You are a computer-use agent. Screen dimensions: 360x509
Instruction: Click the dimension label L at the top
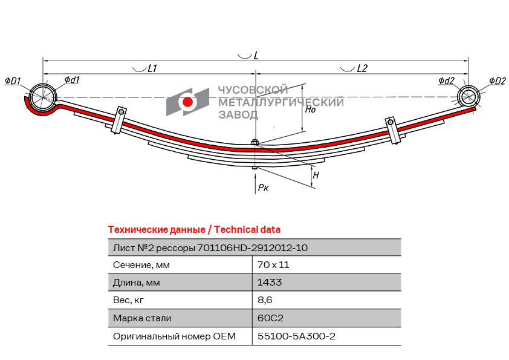(x=256, y=55)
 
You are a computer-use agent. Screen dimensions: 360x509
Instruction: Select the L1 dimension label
(x=152, y=68)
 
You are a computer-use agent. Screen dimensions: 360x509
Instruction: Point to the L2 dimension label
(x=361, y=68)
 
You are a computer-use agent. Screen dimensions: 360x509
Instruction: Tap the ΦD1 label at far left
(x=13, y=81)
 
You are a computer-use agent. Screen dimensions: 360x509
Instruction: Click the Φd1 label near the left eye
(x=72, y=80)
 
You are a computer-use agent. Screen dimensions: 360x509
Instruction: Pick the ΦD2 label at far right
(x=497, y=81)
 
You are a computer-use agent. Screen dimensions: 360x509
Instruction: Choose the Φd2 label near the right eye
(x=446, y=80)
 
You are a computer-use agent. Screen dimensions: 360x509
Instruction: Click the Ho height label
(x=310, y=110)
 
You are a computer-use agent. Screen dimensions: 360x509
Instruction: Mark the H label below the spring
(x=316, y=175)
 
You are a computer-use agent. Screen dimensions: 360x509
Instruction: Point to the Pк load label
(x=264, y=188)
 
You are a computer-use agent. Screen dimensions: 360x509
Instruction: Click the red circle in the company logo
(x=187, y=102)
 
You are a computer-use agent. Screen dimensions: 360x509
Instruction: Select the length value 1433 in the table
(x=270, y=283)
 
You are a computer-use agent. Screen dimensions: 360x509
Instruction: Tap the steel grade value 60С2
(x=270, y=318)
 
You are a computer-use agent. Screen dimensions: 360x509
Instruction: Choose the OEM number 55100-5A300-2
(x=296, y=336)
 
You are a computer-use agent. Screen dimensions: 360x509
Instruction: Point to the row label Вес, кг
(x=129, y=300)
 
